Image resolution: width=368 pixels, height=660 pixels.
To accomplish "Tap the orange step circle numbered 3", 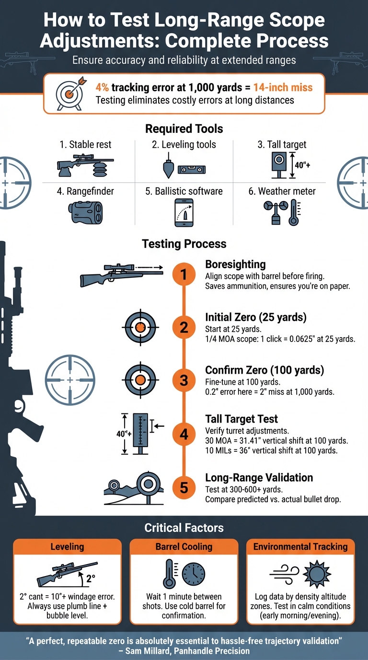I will click(x=184, y=380).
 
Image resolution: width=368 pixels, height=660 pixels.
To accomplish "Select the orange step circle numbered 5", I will click(x=184, y=487).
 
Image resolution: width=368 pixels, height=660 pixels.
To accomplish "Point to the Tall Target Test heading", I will click(x=241, y=419).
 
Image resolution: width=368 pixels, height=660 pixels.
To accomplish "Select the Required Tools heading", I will click(x=184, y=129).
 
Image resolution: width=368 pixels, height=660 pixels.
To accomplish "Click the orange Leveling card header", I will click(x=67, y=547).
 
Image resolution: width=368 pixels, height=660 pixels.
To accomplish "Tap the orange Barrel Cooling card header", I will click(x=184, y=547).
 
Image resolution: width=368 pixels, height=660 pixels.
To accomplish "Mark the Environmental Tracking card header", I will click(x=300, y=547).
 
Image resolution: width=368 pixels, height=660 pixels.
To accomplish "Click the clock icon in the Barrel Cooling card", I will click(x=194, y=574).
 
